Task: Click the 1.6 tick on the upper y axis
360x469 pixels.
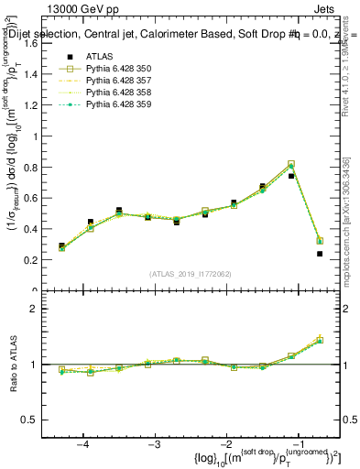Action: (29, 43)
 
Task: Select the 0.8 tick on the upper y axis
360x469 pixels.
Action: (29, 167)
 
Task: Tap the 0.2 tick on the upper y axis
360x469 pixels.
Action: (29, 260)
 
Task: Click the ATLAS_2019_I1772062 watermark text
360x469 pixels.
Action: (191, 274)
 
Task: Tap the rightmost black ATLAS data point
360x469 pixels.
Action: (320, 254)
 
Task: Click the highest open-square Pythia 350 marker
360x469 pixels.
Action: (291, 164)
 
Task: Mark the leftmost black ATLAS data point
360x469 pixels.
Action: (61, 245)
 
